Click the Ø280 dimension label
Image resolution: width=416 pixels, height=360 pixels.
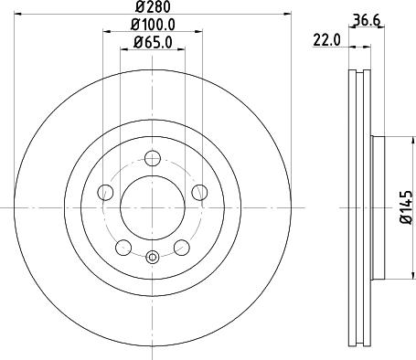pos(153,12)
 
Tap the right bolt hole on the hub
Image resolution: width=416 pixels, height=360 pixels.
pos(200,191)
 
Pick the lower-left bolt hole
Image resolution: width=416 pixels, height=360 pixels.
pos(123,247)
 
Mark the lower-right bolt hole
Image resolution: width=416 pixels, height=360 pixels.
pos(182,247)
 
